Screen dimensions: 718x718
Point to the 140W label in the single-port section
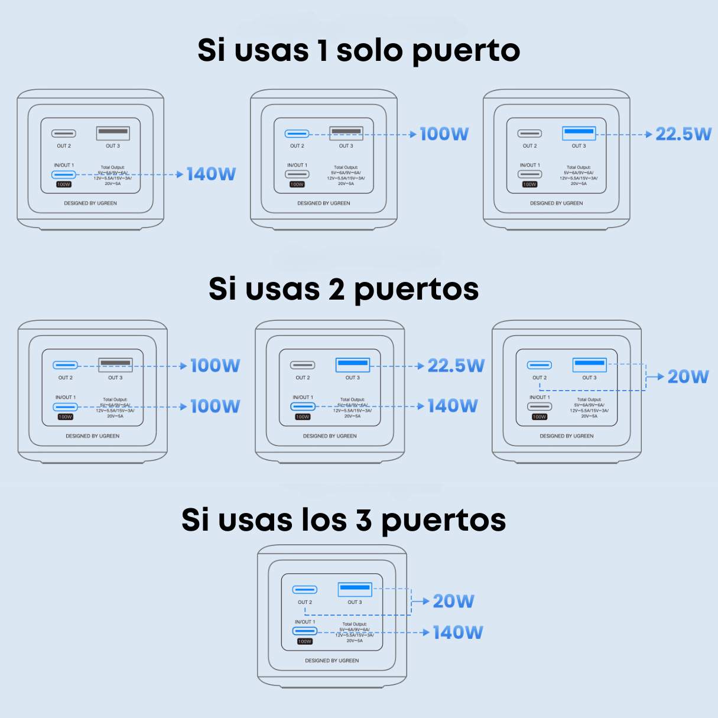coord(211,174)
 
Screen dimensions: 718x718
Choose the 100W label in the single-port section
coord(444,134)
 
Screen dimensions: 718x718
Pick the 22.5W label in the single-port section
coord(683,134)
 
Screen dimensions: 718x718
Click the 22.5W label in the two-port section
coord(456,366)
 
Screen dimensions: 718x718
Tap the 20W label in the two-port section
coord(688,377)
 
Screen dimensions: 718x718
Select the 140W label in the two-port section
coord(453,406)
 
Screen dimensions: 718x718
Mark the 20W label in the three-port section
coord(453,602)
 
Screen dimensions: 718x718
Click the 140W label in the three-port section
coord(458,633)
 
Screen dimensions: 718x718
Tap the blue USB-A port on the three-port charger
coord(355,589)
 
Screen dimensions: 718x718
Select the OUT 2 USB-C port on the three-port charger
coord(305,590)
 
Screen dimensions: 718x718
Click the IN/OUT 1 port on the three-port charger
coord(305,631)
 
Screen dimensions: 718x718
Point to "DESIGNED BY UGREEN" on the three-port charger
coord(332,661)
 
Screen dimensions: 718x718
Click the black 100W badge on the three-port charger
coord(305,642)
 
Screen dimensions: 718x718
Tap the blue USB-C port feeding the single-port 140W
coord(64,174)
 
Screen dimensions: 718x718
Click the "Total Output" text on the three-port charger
coord(355,624)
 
